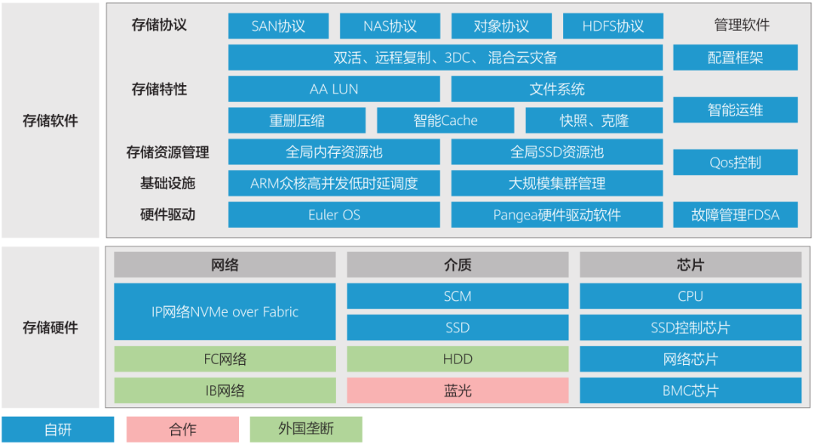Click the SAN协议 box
tap(278, 26)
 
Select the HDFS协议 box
tap(613, 26)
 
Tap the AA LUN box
tap(334, 89)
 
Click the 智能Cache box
tap(445, 121)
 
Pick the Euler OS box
tap(334, 215)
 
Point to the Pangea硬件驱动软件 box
tap(557, 215)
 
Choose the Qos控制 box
tap(735, 162)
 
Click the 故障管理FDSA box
tap(735, 215)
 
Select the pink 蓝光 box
tap(457, 390)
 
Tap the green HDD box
tap(457, 360)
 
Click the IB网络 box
tap(225, 390)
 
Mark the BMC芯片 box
tap(690, 390)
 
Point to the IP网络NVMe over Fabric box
tap(225, 311)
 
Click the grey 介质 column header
tap(457, 265)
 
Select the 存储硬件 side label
tap(50, 328)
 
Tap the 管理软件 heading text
tap(742, 25)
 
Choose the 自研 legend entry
tap(58, 430)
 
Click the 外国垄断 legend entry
tap(306, 430)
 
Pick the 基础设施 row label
tap(167, 183)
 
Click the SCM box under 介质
tap(457, 296)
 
